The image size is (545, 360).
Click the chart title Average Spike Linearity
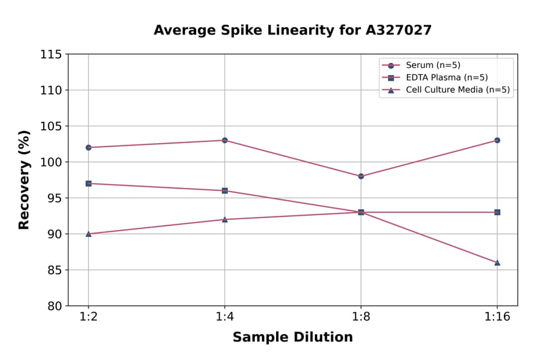click(292, 30)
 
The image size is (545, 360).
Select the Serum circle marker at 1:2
click(88, 147)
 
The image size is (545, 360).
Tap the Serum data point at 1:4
click(225, 140)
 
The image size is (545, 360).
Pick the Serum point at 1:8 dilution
click(361, 176)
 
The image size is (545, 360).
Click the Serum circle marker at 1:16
click(497, 140)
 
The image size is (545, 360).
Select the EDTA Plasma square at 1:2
click(88, 183)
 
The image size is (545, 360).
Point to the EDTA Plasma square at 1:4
click(225, 190)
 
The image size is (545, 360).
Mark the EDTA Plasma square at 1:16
click(497, 212)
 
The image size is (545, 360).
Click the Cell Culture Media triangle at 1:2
click(88, 233)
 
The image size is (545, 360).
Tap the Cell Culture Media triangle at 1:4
click(225, 219)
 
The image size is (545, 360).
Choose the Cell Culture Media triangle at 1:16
click(497, 262)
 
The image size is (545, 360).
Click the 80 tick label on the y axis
click(54, 306)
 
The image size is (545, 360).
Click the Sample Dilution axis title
click(292, 338)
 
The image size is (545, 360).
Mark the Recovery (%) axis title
click(24, 180)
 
